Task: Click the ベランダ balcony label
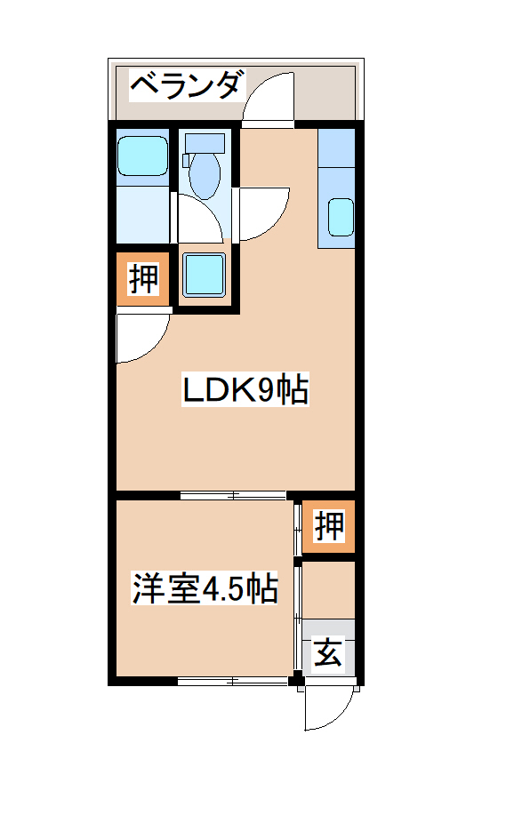pos(186,85)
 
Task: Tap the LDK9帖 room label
pos(245,389)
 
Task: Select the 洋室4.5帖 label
pos(205,589)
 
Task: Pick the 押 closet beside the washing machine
pos(142,279)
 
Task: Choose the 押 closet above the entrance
pos(329,527)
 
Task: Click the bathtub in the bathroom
pos(142,157)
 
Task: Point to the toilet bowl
pos(205,174)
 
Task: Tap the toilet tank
pos(205,141)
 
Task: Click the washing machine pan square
pos(205,275)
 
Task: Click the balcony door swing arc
pos(269,98)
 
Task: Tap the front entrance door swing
pos(325,711)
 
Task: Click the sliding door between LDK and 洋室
pos(233,495)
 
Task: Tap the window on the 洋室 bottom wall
pos(233,682)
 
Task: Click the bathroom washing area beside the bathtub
pos(142,213)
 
